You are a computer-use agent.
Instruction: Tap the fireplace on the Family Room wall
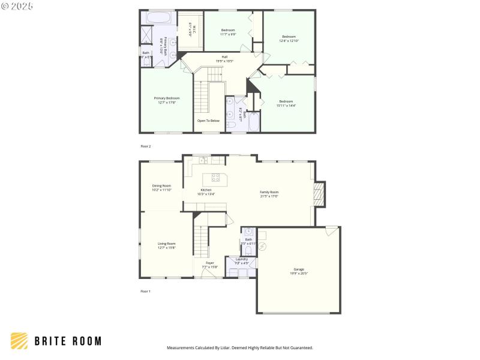pyautogui.click(x=319, y=195)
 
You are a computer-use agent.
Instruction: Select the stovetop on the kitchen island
pyautogui.click(x=215, y=177)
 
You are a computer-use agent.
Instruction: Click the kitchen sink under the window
pyautogui.click(x=204, y=160)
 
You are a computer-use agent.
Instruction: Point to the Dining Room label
pyautogui.click(x=161, y=186)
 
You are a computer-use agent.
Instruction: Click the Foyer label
pyautogui.click(x=210, y=262)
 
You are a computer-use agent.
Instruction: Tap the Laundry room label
pyautogui.click(x=241, y=259)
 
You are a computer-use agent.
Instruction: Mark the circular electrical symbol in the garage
pyautogui.click(x=262, y=247)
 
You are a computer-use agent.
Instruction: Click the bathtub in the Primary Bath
pyautogui.click(x=158, y=18)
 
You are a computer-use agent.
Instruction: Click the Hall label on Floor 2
pyautogui.click(x=224, y=57)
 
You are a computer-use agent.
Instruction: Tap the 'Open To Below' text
pyautogui.click(x=208, y=121)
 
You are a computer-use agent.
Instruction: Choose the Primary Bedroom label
pyautogui.click(x=166, y=98)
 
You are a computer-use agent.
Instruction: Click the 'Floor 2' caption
pyautogui.click(x=146, y=146)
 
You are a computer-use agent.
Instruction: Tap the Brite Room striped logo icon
pyautogui.click(x=19, y=341)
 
